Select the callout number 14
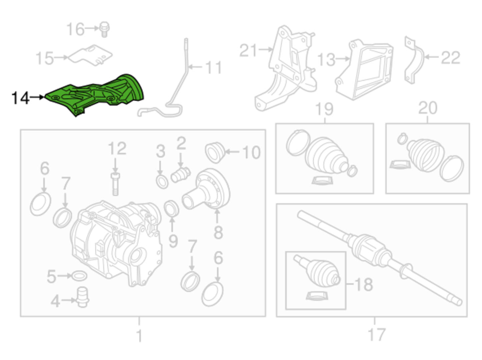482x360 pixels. click(20, 98)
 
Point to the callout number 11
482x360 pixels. click(213, 68)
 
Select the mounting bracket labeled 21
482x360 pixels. click(287, 67)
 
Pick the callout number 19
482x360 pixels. click(324, 109)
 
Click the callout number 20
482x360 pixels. click(428, 108)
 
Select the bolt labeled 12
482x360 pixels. click(115, 183)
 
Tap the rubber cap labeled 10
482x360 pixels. click(214, 152)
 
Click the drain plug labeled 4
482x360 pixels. click(82, 297)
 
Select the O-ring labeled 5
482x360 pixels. click(79, 276)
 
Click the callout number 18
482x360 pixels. click(364, 285)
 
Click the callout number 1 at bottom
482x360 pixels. click(139, 335)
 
